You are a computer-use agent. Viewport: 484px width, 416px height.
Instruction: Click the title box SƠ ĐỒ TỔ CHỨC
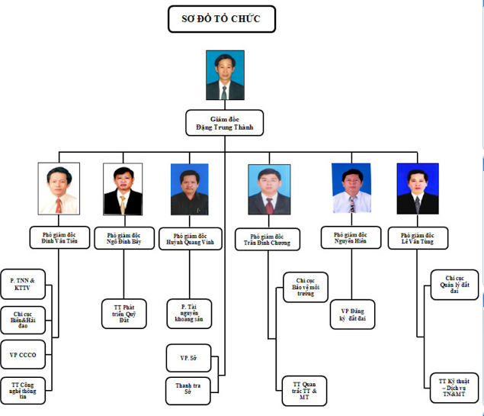[221, 19]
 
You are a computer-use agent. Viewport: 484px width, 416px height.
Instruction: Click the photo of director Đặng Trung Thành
[225, 76]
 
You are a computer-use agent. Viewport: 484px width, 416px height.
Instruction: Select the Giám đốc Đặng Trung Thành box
[225, 123]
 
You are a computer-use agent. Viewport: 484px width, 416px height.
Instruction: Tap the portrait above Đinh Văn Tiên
[59, 189]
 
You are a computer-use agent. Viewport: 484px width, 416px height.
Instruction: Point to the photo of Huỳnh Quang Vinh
[189, 189]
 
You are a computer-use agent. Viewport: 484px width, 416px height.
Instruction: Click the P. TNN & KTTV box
[23, 285]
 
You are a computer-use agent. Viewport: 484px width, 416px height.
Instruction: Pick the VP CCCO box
[23, 354]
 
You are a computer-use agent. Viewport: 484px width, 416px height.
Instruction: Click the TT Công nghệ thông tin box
[23, 390]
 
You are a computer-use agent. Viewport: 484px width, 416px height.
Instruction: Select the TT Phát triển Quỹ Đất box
[124, 314]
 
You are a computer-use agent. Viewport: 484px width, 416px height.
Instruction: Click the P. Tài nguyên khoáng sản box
[188, 314]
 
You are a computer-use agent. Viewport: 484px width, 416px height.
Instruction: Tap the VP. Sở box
[188, 358]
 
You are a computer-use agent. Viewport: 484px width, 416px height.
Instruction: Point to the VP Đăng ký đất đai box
[353, 314]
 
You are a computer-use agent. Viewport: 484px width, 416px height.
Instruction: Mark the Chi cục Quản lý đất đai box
[454, 285]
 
